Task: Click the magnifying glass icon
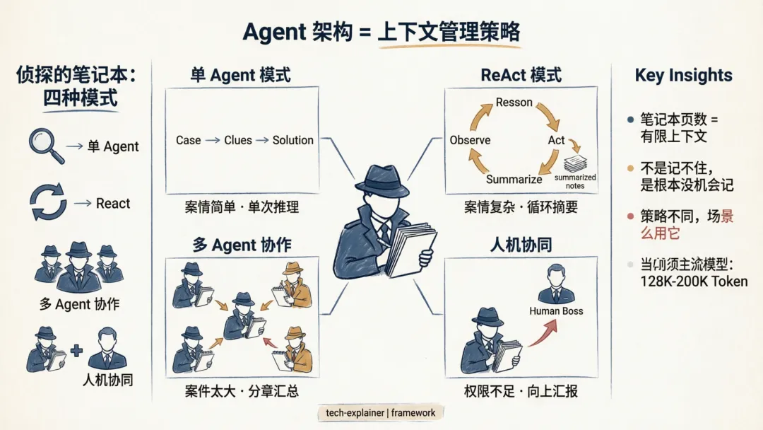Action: click(x=45, y=143)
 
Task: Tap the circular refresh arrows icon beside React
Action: click(x=48, y=202)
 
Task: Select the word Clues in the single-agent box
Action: click(x=238, y=140)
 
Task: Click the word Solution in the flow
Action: click(x=292, y=140)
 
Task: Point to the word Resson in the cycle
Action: click(x=514, y=103)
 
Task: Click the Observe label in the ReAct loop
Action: click(x=470, y=140)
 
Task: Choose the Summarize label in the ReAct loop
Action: click(x=514, y=179)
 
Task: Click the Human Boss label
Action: click(x=556, y=310)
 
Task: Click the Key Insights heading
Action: click(x=683, y=76)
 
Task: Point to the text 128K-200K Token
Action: click(x=694, y=281)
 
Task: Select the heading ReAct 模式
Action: click(x=521, y=75)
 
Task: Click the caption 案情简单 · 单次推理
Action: click(x=242, y=207)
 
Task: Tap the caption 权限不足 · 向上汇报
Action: click(x=521, y=390)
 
